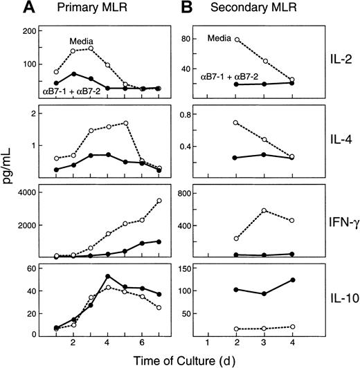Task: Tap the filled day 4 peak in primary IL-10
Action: click(107, 277)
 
